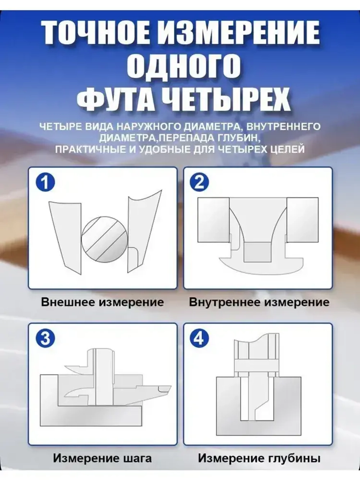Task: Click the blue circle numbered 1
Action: point(45,183)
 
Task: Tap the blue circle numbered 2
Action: point(199,182)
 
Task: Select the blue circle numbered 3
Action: point(45,338)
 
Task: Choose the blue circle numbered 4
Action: point(199,338)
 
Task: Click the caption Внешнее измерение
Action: point(102,302)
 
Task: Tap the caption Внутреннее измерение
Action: point(259,302)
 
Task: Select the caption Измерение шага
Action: point(102,458)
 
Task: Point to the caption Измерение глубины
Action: point(259,458)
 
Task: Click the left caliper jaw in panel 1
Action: point(67,234)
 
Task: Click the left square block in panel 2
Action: point(213,220)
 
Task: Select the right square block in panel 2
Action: point(302,220)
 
